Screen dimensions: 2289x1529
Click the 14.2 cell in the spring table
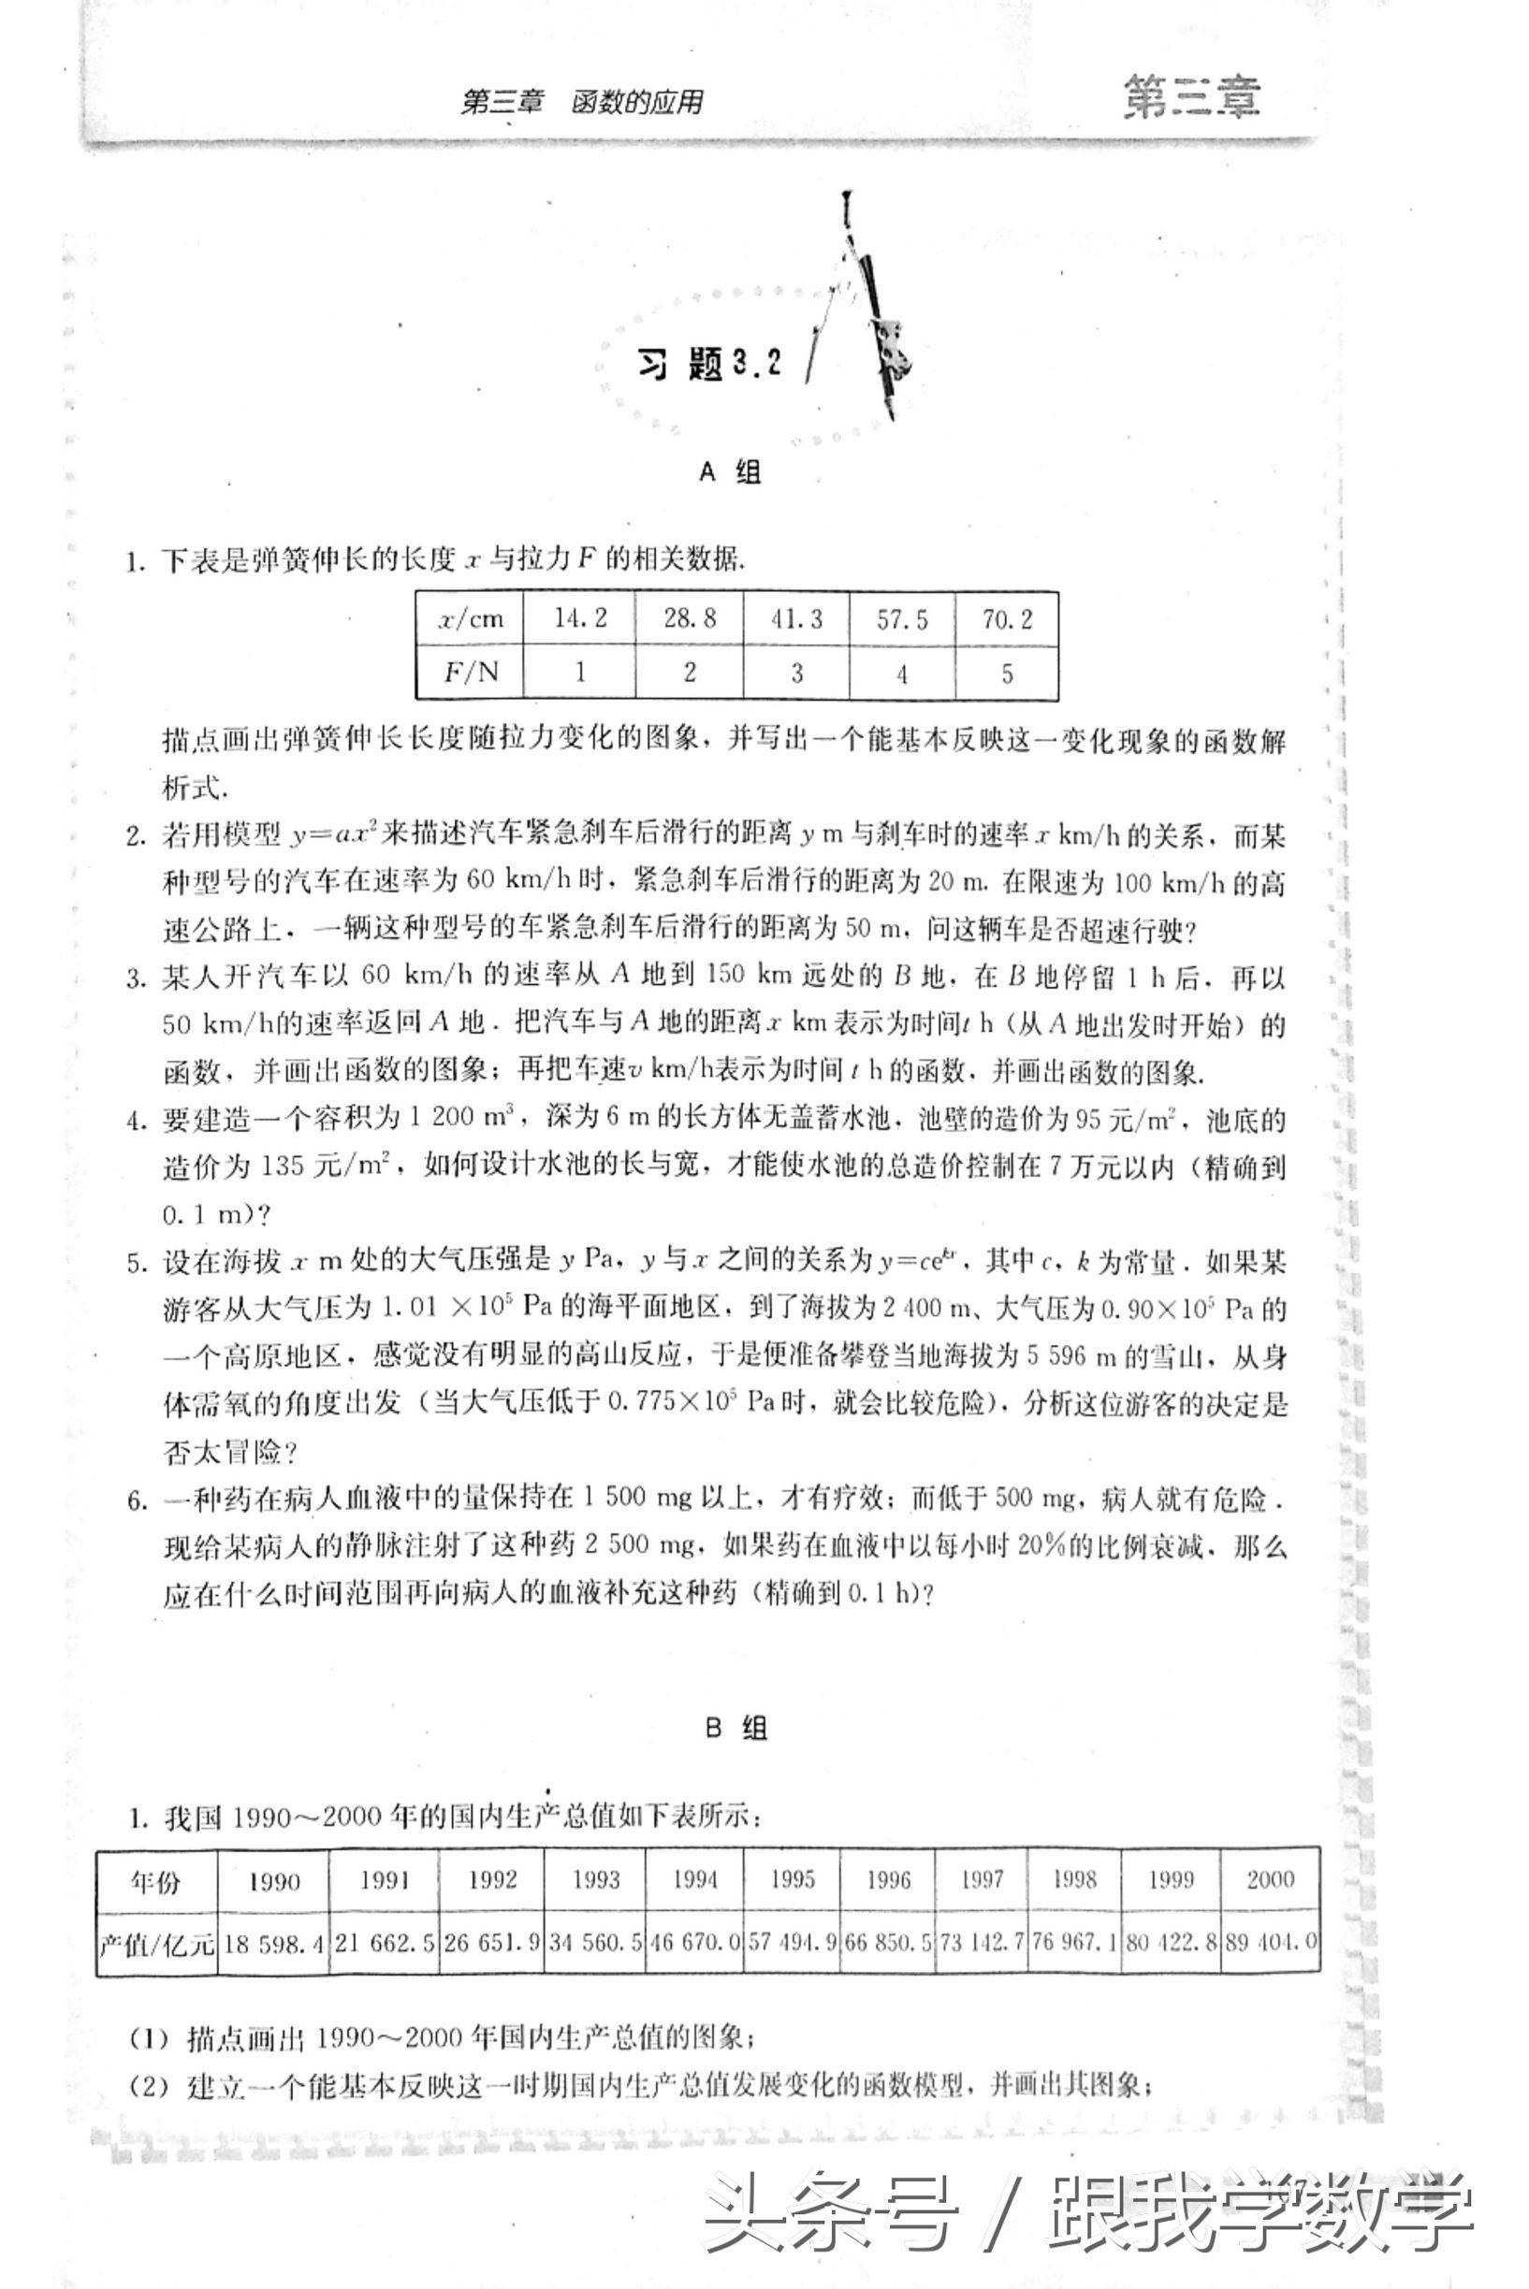click(580, 619)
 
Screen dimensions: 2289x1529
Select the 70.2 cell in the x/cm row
click(1006, 619)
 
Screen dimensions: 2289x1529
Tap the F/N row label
click(470, 673)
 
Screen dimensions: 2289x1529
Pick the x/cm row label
click(470, 619)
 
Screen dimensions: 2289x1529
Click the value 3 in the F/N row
click(795, 673)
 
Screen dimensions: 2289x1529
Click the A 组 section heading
click(731, 472)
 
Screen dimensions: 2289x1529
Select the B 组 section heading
click(736, 1729)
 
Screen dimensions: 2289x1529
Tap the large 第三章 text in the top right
click(1190, 97)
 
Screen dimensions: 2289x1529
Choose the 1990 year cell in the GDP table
click(273, 1881)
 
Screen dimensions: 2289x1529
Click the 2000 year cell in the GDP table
click(1270, 1879)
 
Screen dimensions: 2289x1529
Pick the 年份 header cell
click(156, 1881)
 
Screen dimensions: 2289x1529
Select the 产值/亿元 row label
click(156, 1944)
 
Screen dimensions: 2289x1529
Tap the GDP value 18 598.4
click(273, 1944)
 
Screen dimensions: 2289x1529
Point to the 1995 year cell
click(792, 1879)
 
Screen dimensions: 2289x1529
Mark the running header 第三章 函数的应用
click(582, 102)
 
